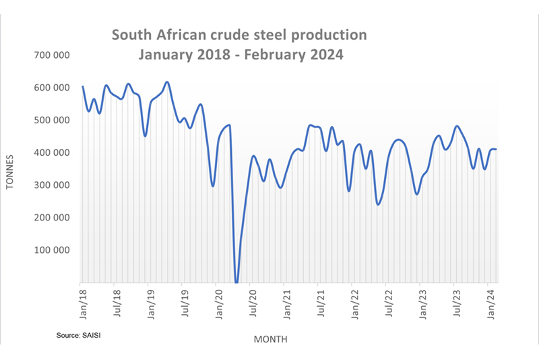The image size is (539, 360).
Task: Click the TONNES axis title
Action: [11, 170]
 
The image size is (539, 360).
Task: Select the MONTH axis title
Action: [270, 339]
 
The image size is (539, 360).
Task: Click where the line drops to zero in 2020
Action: [236, 282]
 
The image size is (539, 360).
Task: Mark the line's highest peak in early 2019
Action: [167, 82]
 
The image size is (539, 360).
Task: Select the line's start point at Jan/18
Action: [82, 86]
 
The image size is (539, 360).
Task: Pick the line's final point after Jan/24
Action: [497, 149]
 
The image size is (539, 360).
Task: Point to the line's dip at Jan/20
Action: [213, 185]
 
